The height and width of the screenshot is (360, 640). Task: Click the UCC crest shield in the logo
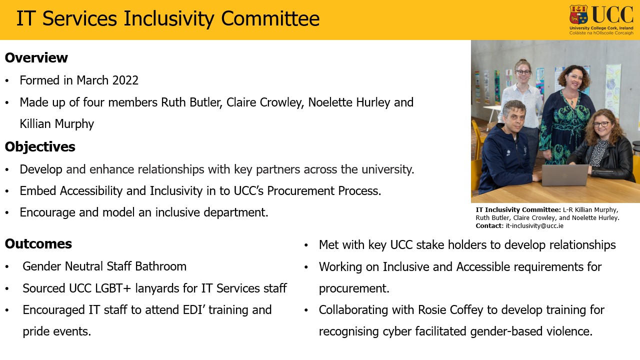578,14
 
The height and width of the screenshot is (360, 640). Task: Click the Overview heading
36,57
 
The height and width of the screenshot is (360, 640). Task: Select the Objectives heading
40,147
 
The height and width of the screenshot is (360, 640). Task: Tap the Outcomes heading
38,243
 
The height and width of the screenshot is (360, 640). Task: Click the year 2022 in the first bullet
125,80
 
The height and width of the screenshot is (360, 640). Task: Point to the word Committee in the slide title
270,18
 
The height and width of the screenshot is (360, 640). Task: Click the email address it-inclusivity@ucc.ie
534,225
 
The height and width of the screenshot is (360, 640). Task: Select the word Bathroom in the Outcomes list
161,266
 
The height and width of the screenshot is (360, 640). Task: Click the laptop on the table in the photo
564,174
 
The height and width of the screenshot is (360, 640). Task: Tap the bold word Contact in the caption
488,225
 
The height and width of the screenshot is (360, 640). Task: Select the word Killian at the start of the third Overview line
35,124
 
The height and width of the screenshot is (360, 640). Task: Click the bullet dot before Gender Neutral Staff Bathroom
7,267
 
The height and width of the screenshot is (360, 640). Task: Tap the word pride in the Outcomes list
36,332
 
